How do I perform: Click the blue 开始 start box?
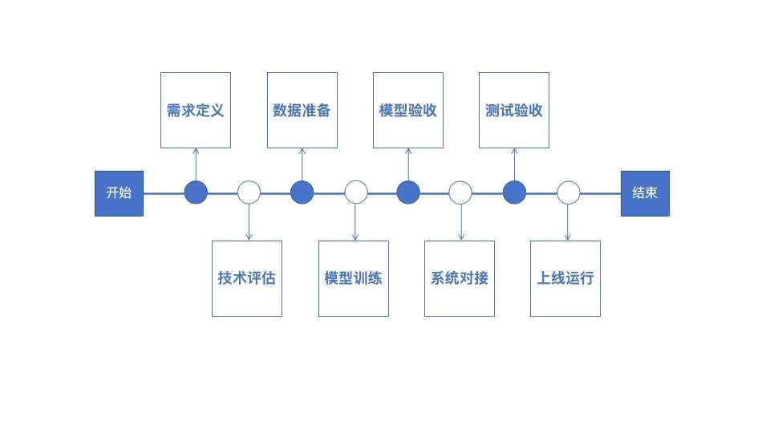tap(119, 193)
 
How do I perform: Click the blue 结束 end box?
tap(645, 193)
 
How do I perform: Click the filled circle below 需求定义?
tap(196, 192)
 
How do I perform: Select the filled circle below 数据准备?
tap(302, 192)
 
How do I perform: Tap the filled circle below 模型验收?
tap(408, 192)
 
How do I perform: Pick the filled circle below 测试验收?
tap(514, 192)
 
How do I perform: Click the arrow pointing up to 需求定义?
tap(196, 164)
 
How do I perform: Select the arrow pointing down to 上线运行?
tap(568, 222)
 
